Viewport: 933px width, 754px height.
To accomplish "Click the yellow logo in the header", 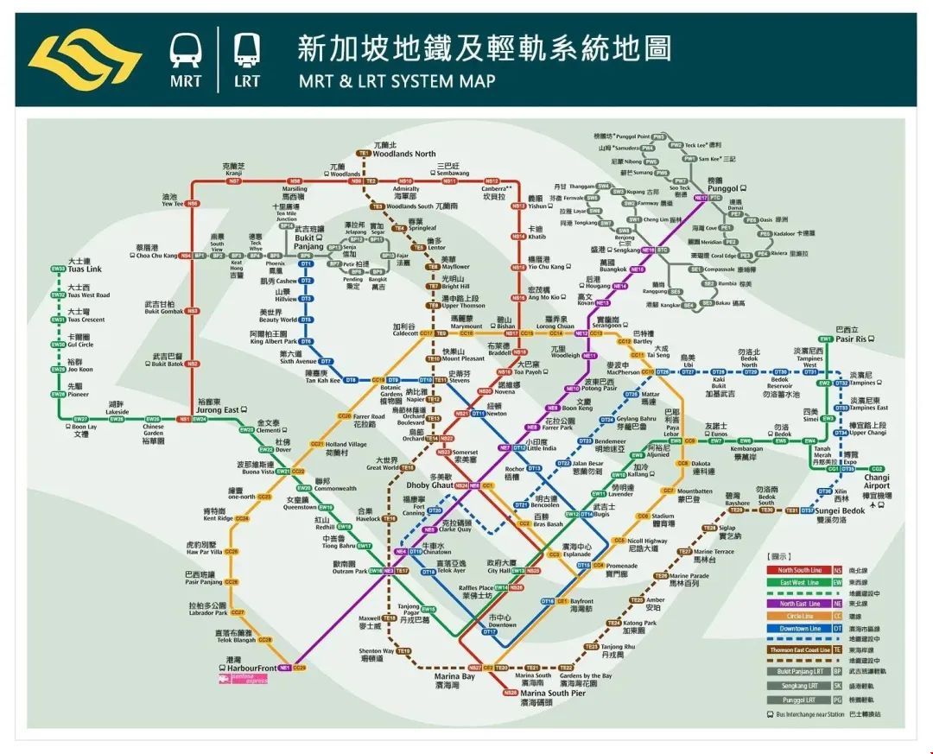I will (85, 59).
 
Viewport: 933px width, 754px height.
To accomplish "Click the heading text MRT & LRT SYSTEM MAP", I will (397, 81).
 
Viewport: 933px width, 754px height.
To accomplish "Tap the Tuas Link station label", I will (84, 269).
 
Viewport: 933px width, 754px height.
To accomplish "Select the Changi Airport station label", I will (876, 481).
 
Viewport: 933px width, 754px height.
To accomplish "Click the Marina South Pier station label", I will (553, 693).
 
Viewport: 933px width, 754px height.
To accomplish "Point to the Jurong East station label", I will (219, 409).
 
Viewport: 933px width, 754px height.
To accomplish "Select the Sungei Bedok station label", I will (840, 510).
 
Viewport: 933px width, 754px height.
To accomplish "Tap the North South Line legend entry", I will (799, 570).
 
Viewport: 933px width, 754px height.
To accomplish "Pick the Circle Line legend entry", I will (799, 616).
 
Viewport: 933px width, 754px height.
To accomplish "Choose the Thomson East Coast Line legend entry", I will (799, 649).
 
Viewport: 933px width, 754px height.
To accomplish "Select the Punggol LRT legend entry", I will (799, 699).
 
